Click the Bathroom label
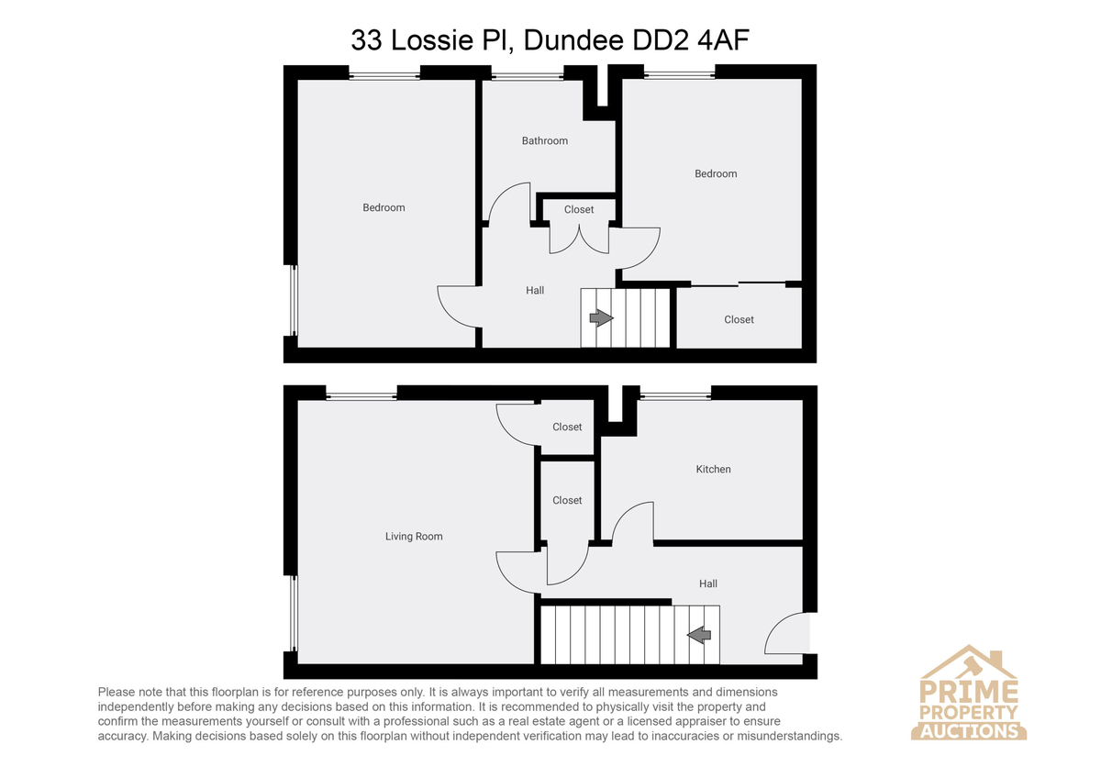coord(545,141)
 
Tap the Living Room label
coord(414,537)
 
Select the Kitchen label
coord(713,470)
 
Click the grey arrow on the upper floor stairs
coord(601,318)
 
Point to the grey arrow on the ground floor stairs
coord(699,635)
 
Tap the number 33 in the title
coord(366,39)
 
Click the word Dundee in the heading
coord(573,39)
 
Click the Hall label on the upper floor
coord(535,291)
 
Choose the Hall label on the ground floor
coord(707,583)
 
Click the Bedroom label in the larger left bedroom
coord(384,208)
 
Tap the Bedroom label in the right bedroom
coord(716,174)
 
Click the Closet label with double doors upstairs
coord(579,210)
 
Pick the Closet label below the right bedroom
coord(739,320)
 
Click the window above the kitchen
coord(675,395)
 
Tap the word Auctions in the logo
coord(969,731)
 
